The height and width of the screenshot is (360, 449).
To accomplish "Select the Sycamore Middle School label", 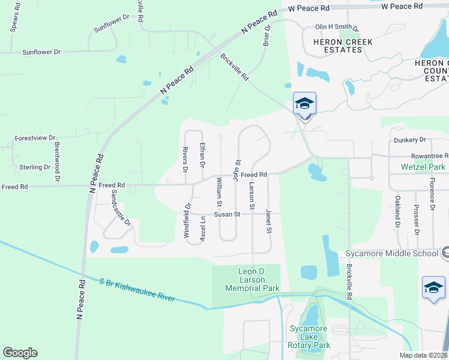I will tap(392, 254).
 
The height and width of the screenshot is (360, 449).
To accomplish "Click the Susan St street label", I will tap(228, 214).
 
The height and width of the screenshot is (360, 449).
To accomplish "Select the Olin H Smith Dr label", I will tap(337, 27).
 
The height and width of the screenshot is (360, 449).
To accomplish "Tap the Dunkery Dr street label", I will tap(410, 140).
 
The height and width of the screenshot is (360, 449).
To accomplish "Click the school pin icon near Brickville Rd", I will tap(304, 104).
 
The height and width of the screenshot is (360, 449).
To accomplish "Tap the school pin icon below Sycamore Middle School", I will tap(433, 288).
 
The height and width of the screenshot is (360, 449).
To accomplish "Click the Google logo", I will tap(20, 353).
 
